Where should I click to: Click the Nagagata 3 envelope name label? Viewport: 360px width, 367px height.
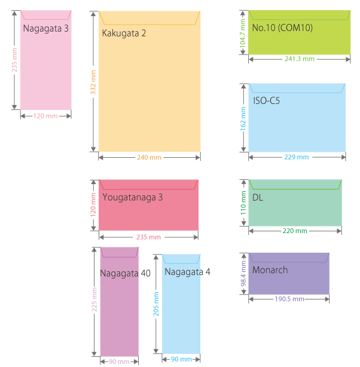tap(46, 28)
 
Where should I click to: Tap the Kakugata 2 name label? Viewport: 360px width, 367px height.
tap(124, 33)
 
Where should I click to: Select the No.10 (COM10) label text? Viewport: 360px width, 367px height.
tap(282, 28)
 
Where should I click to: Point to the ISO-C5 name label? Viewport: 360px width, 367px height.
tap(267, 100)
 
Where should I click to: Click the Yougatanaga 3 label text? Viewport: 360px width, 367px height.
tap(133, 197)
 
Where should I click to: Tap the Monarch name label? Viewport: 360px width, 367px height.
tap(270, 270)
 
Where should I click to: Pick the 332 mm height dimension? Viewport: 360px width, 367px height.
tap(93, 82)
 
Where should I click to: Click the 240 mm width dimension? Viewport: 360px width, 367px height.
tap(150, 157)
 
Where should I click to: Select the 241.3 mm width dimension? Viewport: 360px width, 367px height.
tap(299, 59)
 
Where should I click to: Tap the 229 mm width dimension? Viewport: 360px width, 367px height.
tap(297, 157)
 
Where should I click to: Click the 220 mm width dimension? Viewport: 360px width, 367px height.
tap(295, 231)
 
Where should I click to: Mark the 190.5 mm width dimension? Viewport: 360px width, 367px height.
tap(289, 299)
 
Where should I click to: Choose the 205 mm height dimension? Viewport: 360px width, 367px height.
tap(157, 304)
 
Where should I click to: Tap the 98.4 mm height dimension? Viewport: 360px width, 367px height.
tap(243, 274)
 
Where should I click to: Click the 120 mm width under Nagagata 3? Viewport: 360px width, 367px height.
tap(45, 116)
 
